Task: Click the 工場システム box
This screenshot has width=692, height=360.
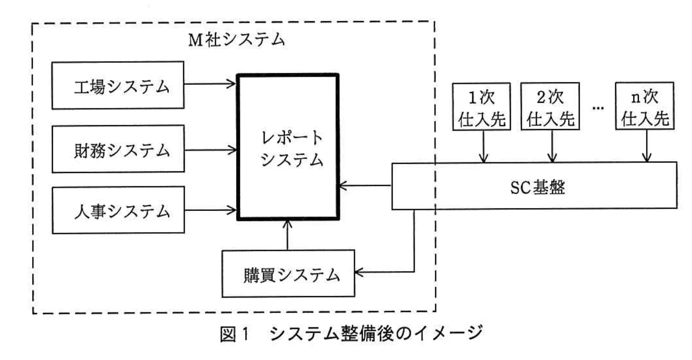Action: click(117, 85)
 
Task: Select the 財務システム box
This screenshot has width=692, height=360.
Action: click(118, 149)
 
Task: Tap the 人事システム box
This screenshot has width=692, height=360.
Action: click(118, 210)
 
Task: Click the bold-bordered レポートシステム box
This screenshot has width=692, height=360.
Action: click(288, 147)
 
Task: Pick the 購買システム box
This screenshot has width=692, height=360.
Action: click(288, 273)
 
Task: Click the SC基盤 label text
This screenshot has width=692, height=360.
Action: click(537, 187)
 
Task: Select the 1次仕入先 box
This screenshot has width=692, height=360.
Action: click(481, 107)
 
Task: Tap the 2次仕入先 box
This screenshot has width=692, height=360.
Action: click(550, 107)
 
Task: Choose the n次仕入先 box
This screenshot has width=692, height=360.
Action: click(644, 106)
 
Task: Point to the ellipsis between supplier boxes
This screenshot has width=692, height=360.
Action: click(598, 107)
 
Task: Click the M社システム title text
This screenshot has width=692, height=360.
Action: click(236, 40)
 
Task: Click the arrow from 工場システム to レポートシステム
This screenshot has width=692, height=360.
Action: click(210, 84)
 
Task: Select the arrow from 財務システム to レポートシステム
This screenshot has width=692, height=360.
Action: click(210, 150)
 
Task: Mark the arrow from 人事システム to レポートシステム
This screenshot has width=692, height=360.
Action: click(210, 211)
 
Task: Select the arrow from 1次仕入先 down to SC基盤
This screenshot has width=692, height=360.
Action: click(483, 146)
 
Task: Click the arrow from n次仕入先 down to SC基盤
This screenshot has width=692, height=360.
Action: click(647, 146)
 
